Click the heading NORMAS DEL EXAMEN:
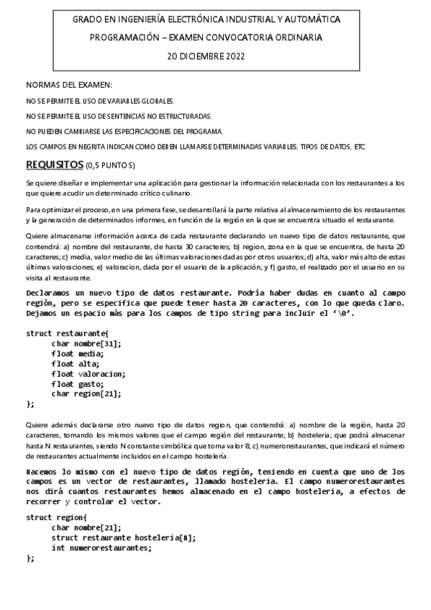click(69, 85)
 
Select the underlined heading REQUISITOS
click(54, 164)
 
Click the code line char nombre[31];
click(86, 343)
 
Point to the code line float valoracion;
click(89, 373)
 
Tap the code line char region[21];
click(86, 393)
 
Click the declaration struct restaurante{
click(68, 333)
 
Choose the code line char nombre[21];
click(86, 527)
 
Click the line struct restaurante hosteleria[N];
click(124, 537)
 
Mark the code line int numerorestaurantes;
click(101, 547)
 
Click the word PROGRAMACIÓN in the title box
click(126, 37)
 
